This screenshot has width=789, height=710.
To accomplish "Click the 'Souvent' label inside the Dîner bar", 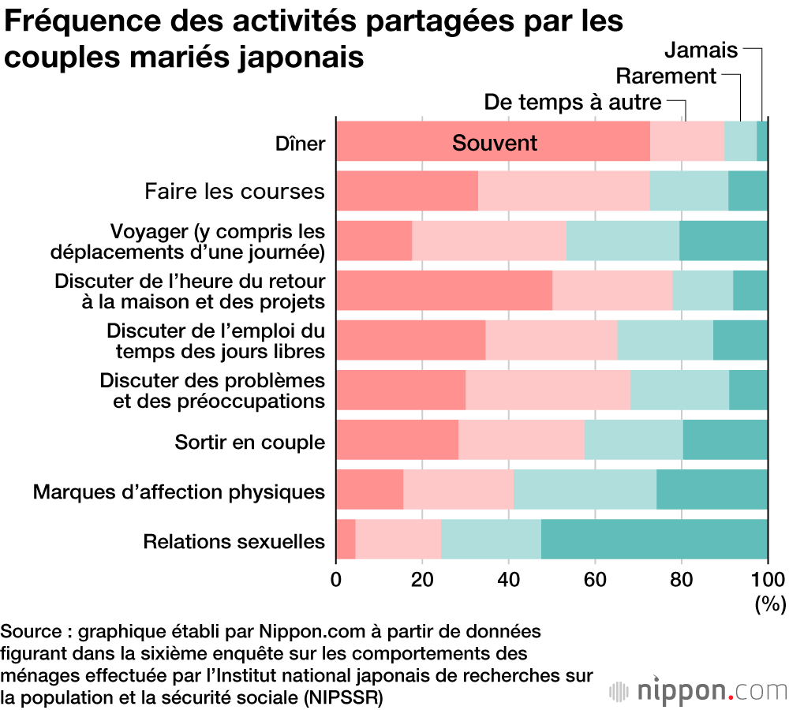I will click(495, 143).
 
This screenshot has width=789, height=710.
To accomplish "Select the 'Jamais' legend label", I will click(701, 50).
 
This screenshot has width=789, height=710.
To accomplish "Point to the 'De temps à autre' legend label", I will click(573, 103).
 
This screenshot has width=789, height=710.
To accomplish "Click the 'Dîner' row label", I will click(300, 144).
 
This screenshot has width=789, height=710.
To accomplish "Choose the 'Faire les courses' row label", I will click(234, 192).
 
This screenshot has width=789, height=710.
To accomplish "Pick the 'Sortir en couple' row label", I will click(249, 442).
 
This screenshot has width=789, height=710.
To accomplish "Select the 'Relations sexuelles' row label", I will click(234, 542).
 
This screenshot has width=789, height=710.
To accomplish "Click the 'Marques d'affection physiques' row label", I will click(179, 492).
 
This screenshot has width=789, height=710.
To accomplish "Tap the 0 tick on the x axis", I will click(337, 576).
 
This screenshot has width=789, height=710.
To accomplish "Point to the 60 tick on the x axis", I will click(595, 576).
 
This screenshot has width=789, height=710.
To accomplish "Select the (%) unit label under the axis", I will click(770, 605).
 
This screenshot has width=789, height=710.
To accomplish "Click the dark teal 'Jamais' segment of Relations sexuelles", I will click(654, 540).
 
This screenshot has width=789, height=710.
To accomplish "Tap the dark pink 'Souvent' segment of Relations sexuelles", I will click(346, 540).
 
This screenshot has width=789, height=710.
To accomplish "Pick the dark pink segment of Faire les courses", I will click(407, 191).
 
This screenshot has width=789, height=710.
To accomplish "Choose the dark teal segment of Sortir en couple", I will click(725, 440).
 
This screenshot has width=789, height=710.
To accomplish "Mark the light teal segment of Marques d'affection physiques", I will click(585, 490).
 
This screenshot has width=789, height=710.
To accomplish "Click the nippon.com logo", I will click(698, 691).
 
